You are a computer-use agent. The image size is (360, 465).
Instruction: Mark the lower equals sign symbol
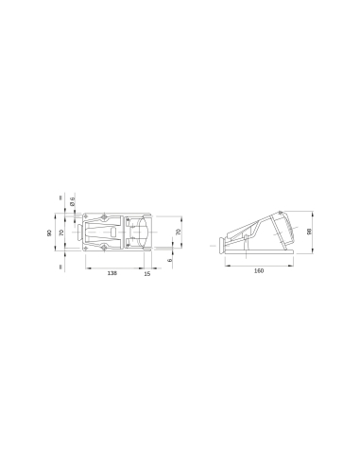click(59, 266)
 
